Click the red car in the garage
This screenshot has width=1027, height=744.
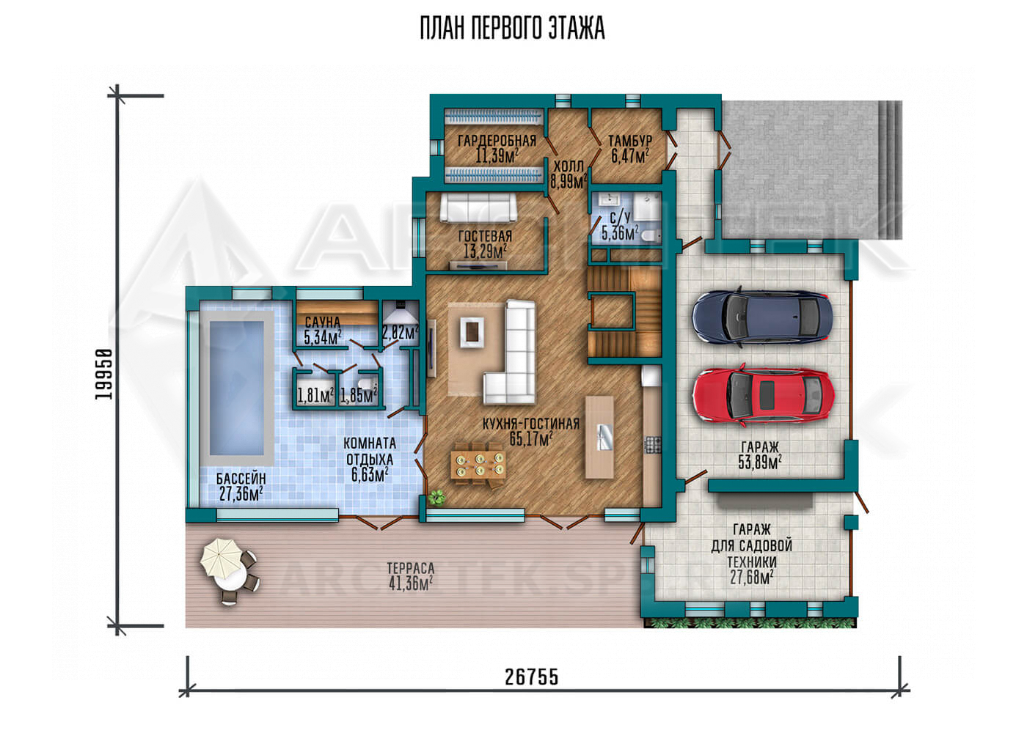coord(763,395)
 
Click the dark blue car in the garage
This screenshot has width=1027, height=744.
coord(762,317)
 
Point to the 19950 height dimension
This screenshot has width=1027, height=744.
coord(104,374)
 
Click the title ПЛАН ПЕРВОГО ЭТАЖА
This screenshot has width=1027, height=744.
coord(513,29)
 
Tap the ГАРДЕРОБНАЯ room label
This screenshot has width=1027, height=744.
coord(497,141)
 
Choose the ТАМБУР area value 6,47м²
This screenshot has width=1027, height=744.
coord(630,156)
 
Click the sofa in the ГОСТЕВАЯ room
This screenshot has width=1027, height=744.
coord(478,207)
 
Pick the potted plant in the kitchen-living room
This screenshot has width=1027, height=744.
coord(436,497)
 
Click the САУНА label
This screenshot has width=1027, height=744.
coord(323,322)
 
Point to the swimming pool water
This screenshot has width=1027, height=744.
coord(237,388)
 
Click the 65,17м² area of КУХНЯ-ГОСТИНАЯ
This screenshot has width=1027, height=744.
coord(531,439)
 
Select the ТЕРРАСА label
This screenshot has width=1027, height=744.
coord(411,569)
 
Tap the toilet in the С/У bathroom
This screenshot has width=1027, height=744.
coord(650,236)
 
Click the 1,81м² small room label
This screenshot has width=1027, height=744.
coord(315,395)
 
